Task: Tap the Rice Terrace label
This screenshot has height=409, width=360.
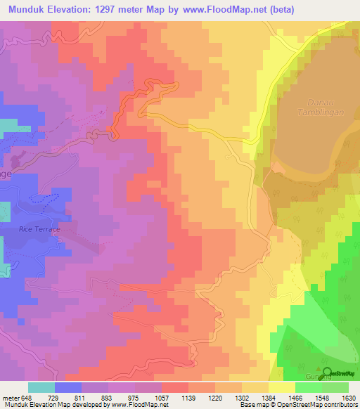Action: pyautogui.click(x=39, y=229)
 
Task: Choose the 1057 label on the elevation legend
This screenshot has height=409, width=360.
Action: pyautogui.click(x=161, y=397)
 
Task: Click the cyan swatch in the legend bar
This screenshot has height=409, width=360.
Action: pyautogui.click(x=41, y=387)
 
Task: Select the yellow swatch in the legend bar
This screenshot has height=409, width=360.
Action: pyautogui.click(x=282, y=387)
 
